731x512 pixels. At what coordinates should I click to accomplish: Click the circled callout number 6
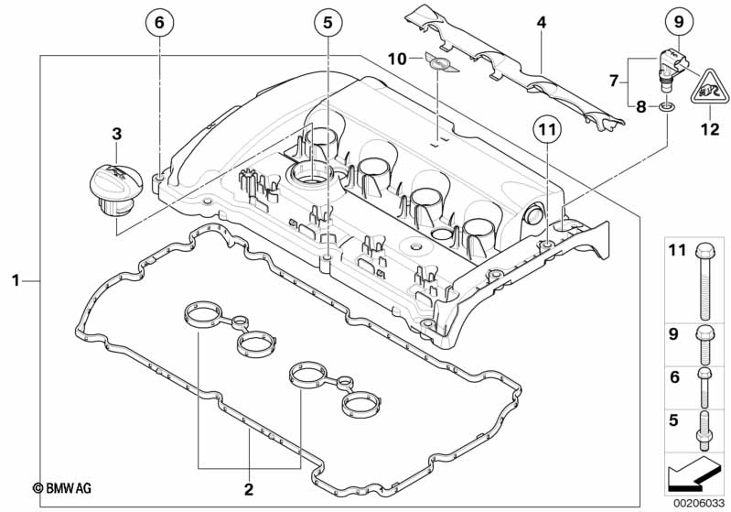click(159, 22)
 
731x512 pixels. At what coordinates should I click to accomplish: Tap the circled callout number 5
click(328, 22)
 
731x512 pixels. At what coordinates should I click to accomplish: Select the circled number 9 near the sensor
click(679, 21)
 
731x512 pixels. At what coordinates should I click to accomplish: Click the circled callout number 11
click(548, 129)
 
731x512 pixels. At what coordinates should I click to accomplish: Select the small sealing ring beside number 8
click(666, 108)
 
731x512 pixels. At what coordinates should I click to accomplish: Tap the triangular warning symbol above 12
click(710, 87)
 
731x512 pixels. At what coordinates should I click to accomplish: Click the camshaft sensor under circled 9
click(670, 67)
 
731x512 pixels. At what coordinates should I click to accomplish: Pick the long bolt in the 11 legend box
click(704, 282)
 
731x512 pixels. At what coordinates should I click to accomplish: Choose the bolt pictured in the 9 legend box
click(704, 344)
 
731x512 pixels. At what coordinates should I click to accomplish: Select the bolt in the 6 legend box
click(704, 387)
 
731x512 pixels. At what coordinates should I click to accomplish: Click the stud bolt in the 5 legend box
click(704, 430)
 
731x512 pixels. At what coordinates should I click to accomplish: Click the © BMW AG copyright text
click(62, 488)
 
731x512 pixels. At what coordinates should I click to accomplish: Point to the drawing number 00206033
click(699, 504)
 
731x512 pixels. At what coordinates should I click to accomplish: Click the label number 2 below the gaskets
click(249, 489)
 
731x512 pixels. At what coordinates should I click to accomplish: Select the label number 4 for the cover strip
click(542, 22)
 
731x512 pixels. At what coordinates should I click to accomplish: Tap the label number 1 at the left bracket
click(16, 280)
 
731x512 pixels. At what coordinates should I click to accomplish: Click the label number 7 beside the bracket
click(615, 82)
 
